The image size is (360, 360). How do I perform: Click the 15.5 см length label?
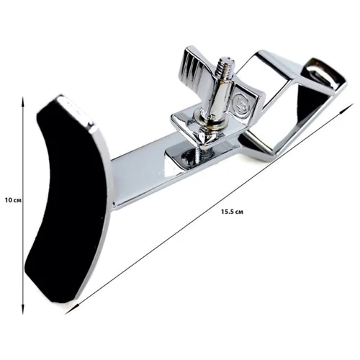point(232,212)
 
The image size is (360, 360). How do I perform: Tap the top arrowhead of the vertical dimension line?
point(23,102)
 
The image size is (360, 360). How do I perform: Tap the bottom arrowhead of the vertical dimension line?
point(23,309)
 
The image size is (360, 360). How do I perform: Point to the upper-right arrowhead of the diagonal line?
point(348,107)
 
